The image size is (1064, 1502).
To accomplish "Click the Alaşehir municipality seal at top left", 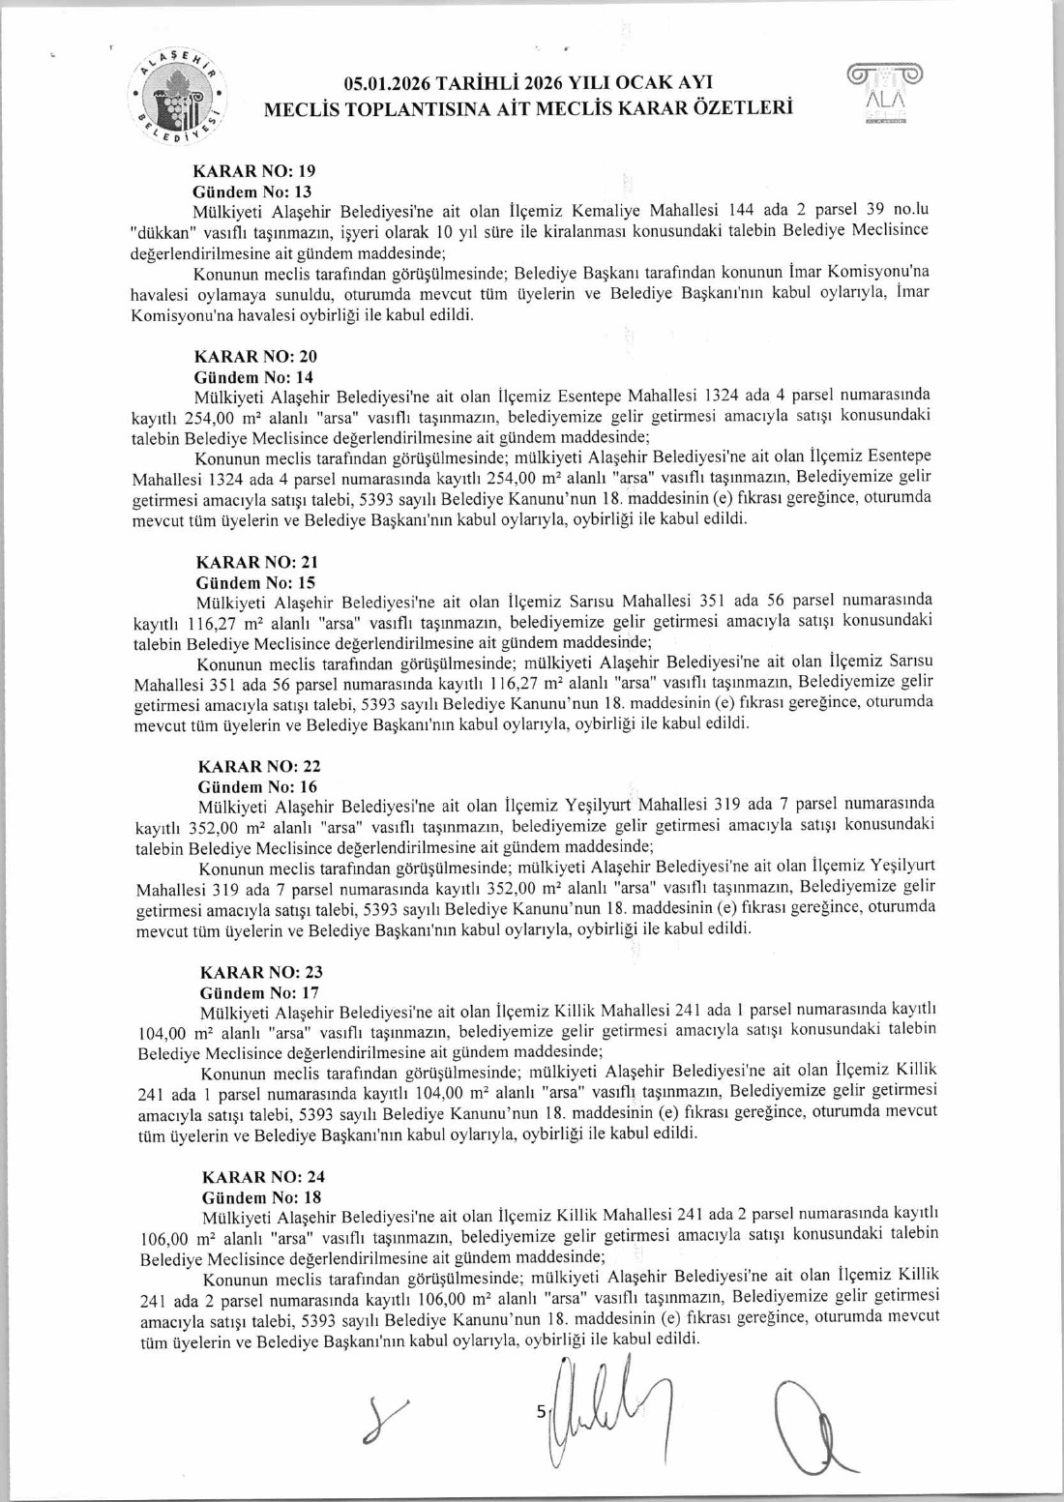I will tap(179, 97).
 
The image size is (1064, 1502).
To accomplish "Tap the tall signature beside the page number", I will tap(595, 1407).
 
